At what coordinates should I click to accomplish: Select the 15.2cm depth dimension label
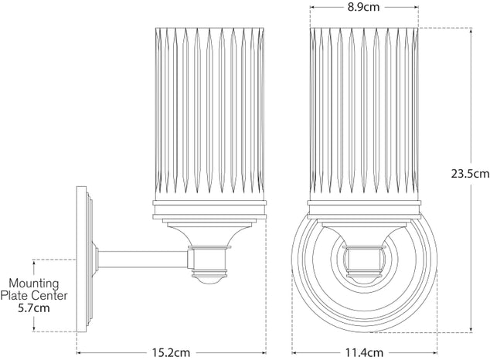pyautogui.click(x=172, y=352)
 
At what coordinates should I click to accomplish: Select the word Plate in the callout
pyautogui.click(x=16, y=295)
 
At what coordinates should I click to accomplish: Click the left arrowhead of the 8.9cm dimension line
pyautogui.click(x=312, y=10)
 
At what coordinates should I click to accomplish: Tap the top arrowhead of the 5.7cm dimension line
pyautogui.click(x=33, y=260)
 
